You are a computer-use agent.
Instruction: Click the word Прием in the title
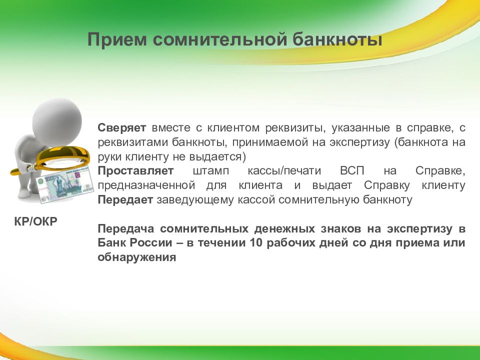(117, 40)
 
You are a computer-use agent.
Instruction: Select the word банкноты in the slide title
(337, 39)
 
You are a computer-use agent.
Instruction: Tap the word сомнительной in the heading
(219, 39)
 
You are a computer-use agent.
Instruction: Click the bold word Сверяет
(122, 128)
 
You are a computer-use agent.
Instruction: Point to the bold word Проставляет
(135, 171)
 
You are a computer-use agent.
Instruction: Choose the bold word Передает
(125, 200)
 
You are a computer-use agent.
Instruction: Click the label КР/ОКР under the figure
(36, 221)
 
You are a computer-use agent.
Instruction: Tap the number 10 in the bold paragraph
(256, 243)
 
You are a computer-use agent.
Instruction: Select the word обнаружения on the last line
(137, 257)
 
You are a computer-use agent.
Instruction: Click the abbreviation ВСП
(352, 171)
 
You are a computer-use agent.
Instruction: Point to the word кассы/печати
(284, 171)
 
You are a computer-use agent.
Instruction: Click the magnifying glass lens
(63, 158)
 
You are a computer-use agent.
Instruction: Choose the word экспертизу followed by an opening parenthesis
(359, 142)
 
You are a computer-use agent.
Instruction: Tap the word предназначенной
(146, 185)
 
